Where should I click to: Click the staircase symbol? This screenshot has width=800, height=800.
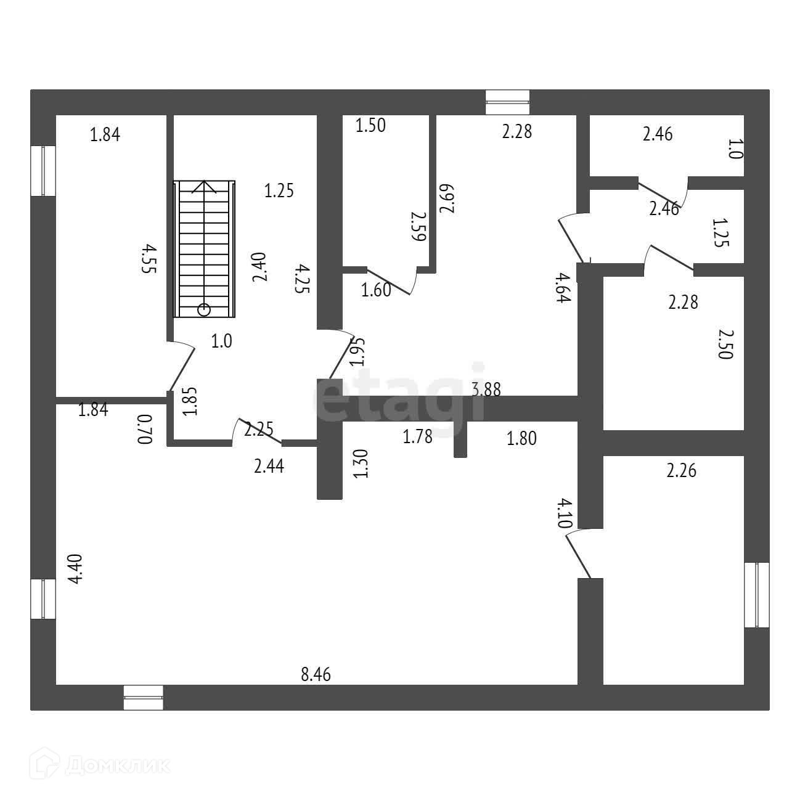(204, 248)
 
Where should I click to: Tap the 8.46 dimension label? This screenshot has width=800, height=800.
(316, 674)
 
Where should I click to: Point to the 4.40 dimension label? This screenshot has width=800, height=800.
(75, 570)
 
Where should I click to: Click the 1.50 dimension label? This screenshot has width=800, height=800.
(370, 126)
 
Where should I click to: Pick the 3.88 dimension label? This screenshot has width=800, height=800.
(486, 390)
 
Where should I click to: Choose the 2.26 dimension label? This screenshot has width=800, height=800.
(681, 471)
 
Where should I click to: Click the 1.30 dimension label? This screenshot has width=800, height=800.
(362, 463)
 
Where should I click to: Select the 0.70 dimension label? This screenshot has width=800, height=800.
(144, 429)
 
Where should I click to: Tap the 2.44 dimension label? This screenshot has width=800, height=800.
(269, 467)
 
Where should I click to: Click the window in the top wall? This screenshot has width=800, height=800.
(507, 102)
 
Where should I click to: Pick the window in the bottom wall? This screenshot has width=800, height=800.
(143, 698)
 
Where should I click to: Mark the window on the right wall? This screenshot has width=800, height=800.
(756, 595)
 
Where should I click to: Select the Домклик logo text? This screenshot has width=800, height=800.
(117, 766)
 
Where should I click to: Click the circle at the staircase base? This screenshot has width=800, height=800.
(204, 309)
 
